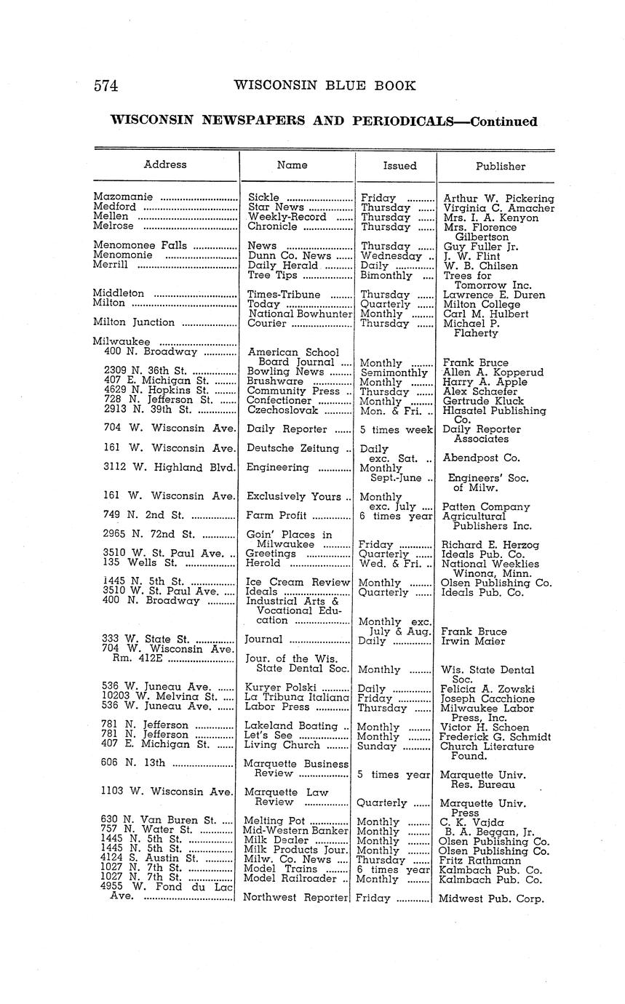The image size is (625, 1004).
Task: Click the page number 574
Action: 106,86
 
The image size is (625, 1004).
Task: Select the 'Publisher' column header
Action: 500,166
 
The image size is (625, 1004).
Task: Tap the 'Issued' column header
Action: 399,166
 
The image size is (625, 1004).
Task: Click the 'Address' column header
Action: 165,164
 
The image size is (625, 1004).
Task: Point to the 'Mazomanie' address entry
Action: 123,197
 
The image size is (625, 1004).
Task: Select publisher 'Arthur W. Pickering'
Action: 498,198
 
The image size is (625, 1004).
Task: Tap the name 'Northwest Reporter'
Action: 296,898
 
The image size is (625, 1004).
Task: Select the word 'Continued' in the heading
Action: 503,121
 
